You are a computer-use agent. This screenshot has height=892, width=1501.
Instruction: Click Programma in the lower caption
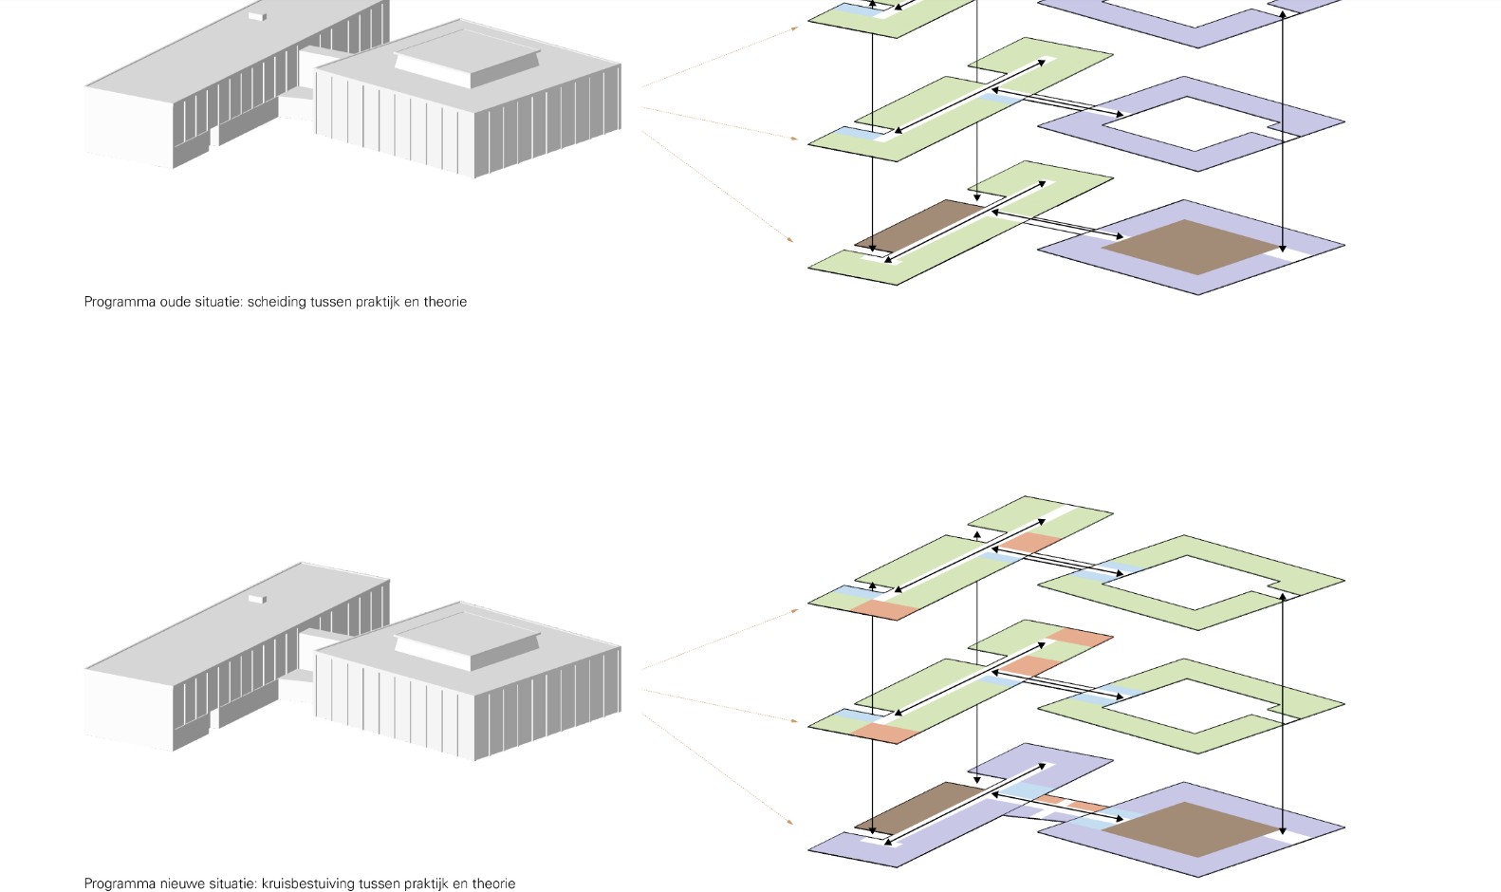[120, 883]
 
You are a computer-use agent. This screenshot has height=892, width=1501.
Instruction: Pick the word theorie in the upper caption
[445, 302]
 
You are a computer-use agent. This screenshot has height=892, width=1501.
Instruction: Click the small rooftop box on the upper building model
[257, 16]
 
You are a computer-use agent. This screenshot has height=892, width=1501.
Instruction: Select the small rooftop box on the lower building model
[257, 599]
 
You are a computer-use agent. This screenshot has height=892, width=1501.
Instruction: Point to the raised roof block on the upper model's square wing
[467, 63]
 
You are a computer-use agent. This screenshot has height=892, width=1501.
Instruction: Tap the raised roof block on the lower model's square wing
[467, 644]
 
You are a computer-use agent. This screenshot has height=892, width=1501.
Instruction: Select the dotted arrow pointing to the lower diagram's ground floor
[718, 769]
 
